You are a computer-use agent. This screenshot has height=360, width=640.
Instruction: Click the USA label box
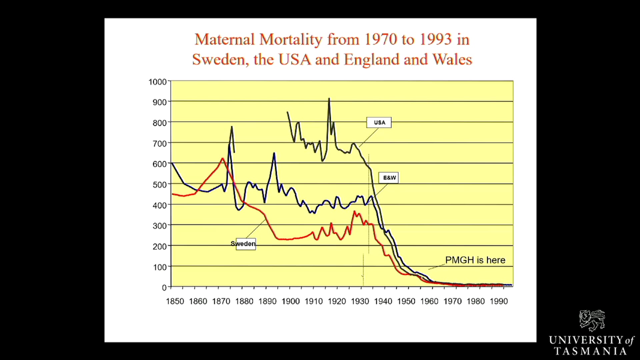click(379, 122)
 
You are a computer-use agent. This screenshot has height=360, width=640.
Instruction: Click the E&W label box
click(389, 178)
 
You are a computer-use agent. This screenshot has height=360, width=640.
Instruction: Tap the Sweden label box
click(245, 244)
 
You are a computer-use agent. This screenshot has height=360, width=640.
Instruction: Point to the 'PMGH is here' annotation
click(475, 260)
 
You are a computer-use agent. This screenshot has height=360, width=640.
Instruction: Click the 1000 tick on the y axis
click(157, 82)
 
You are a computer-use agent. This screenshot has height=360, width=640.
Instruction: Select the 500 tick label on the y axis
click(159, 185)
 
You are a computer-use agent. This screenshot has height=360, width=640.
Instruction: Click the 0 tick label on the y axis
click(164, 288)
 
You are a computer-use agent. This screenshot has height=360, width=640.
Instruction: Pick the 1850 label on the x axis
click(175, 301)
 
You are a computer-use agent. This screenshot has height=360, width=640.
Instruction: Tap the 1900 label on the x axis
click(290, 301)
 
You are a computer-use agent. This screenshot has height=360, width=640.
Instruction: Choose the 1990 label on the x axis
click(498, 301)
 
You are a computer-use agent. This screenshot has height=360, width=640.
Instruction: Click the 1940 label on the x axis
click(383, 301)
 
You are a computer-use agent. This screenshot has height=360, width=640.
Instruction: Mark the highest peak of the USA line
click(329, 99)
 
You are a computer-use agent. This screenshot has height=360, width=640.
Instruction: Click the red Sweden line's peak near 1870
click(222, 158)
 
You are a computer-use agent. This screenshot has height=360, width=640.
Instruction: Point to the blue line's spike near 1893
click(274, 153)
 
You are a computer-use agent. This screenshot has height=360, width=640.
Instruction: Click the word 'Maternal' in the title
click(225, 39)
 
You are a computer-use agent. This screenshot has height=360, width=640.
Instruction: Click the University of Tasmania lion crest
click(592, 320)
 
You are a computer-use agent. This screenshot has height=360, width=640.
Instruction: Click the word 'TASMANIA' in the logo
click(590, 351)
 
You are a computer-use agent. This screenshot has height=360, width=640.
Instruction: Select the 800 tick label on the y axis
click(159, 123)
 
